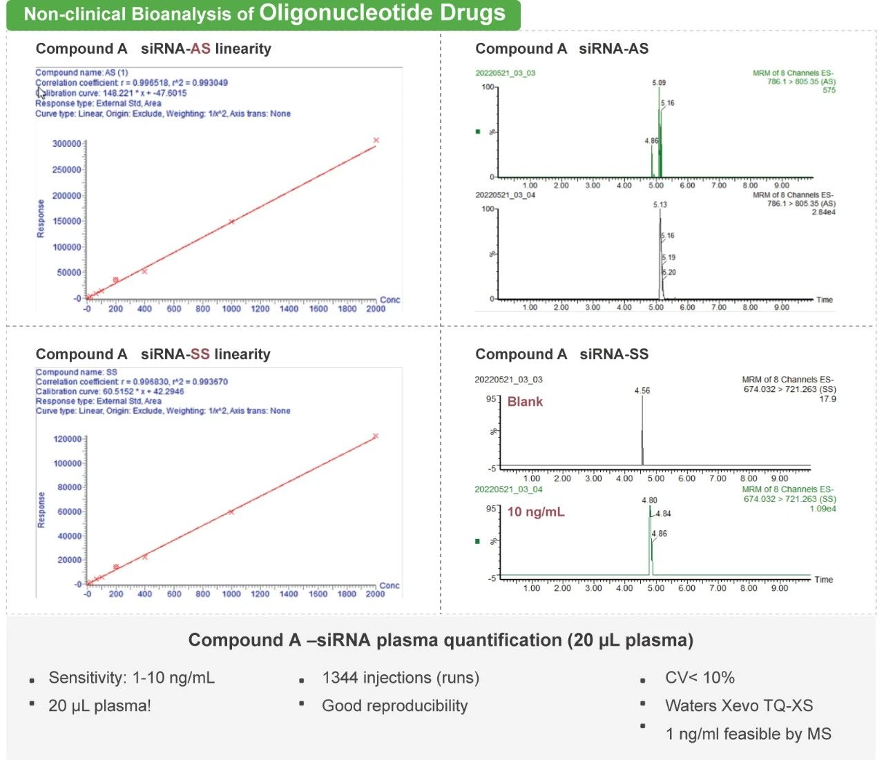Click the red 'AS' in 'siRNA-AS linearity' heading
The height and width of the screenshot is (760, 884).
tap(200, 49)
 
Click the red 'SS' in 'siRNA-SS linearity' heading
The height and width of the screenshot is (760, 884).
tap(200, 354)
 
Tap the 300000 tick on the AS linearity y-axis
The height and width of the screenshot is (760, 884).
tap(66, 144)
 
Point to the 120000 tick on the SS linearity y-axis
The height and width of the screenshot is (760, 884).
tap(68, 439)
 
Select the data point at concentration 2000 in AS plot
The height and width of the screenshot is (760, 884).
tap(376, 140)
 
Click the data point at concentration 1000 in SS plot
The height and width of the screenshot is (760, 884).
tap(231, 511)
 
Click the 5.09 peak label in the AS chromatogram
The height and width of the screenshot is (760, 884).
tap(659, 83)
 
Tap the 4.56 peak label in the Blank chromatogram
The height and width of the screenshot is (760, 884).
tap(642, 391)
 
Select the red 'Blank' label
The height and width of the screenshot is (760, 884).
tap(525, 402)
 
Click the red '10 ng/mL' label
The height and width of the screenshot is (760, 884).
tap(536, 512)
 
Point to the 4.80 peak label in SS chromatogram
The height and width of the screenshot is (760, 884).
tap(649, 500)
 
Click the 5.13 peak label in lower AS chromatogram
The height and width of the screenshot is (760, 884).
tap(660, 205)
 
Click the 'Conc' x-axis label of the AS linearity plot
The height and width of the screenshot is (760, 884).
tap(390, 300)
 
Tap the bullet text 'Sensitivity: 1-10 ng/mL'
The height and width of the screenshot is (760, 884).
tap(131, 678)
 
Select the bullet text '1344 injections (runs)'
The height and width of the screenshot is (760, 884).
tap(401, 678)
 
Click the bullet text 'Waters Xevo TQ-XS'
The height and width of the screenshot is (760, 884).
tap(739, 705)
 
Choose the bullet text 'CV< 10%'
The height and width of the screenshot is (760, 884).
tap(700, 678)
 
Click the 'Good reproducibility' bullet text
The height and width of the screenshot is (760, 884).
tap(394, 705)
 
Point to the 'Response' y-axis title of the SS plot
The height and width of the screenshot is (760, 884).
tap(41, 510)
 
